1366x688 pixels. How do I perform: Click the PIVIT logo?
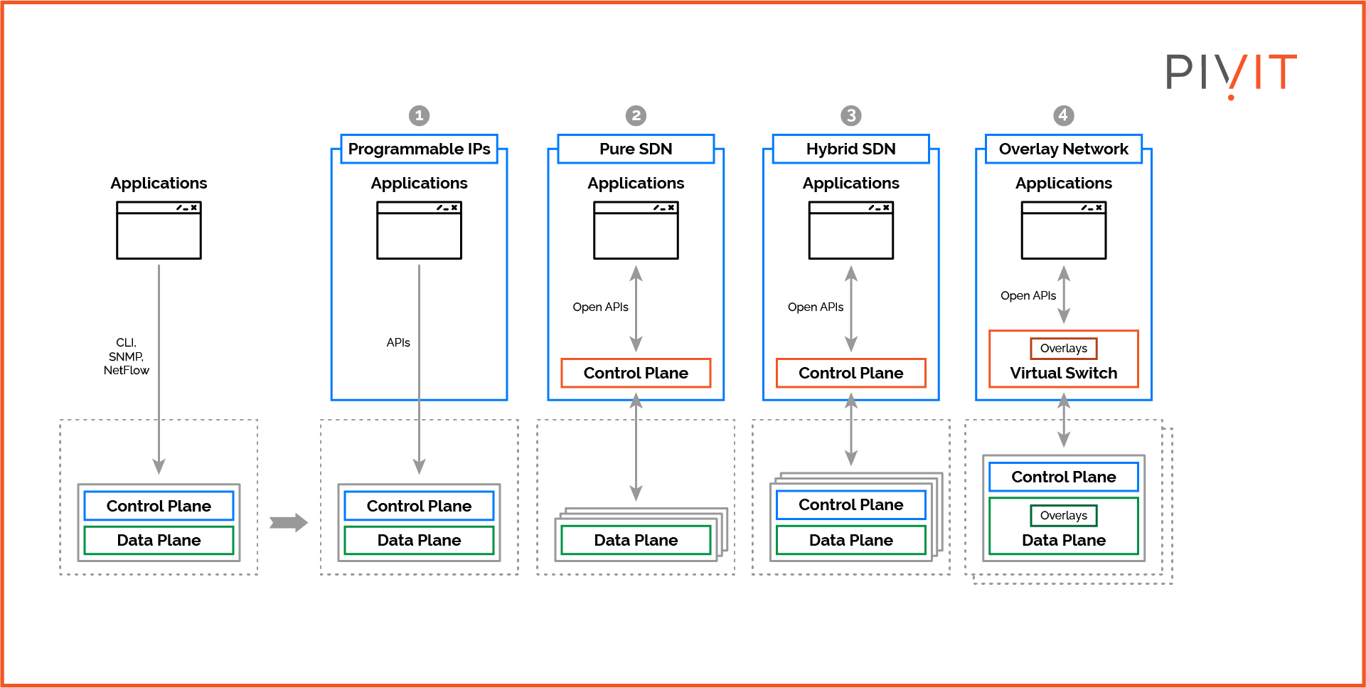click(x=1231, y=73)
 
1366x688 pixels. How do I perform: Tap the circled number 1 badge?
click(x=419, y=115)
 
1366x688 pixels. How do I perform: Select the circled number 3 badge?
click(x=850, y=115)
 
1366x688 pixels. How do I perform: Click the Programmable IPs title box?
click(x=419, y=149)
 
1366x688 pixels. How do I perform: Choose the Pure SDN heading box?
click(x=636, y=149)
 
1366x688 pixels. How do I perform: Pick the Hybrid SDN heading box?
click(x=850, y=149)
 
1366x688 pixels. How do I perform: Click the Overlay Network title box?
click(x=1063, y=149)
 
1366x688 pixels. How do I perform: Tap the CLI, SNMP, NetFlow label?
click(x=126, y=356)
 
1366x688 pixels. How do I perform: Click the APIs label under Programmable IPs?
click(x=398, y=343)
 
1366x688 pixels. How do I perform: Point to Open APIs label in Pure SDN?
click(x=600, y=307)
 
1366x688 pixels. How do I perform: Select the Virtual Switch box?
click(x=1063, y=373)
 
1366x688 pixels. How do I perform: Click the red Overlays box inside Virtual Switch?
click(x=1063, y=348)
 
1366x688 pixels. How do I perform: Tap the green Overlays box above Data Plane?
click(x=1063, y=515)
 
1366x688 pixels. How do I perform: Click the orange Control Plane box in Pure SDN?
click(x=636, y=373)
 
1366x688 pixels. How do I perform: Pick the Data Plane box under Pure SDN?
click(x=636, y=540)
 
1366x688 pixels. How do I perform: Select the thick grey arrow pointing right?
click(x=288, y=523)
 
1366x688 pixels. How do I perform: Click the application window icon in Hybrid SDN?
click(x=850, y=231)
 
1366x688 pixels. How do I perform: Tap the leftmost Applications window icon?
click(x=159, y=231)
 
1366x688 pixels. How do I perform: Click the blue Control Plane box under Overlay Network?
click(x=1063, y=477)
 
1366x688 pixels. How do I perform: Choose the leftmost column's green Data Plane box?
click(x=159, y=540)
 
